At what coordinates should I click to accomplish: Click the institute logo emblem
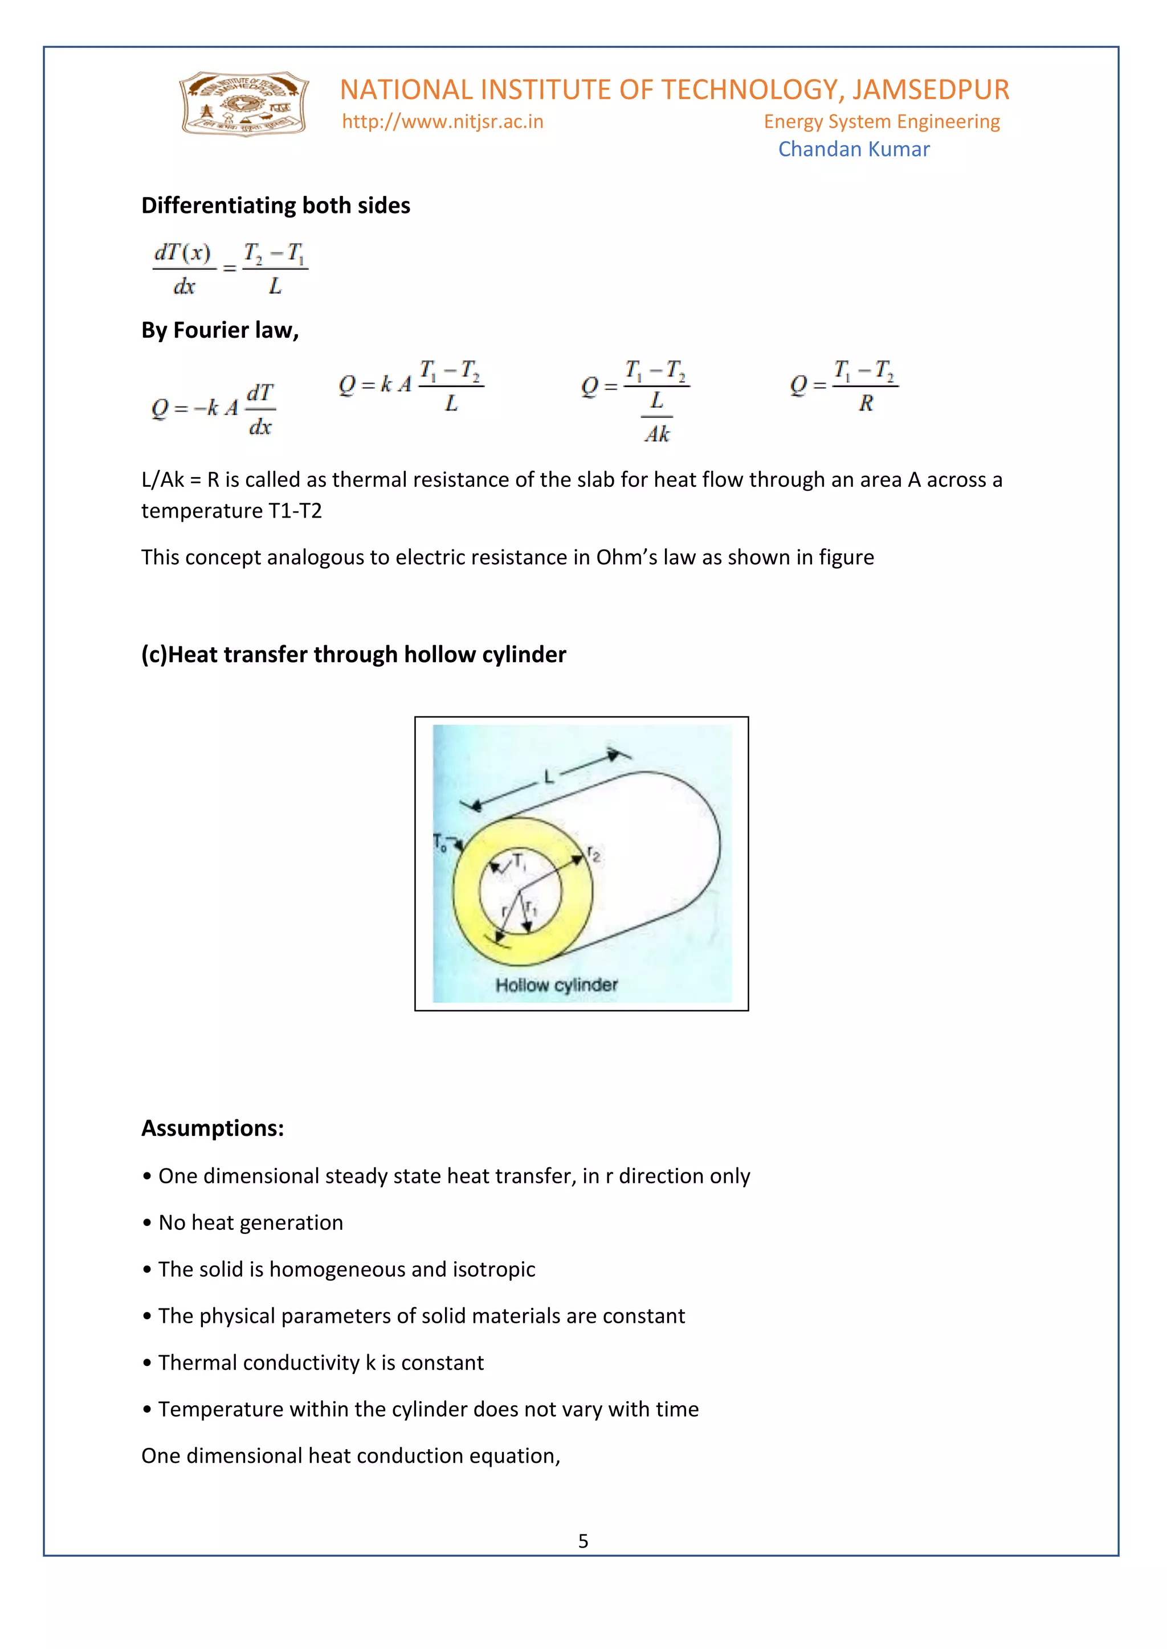(244, 104)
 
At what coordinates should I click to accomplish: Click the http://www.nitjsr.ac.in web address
(443, 121)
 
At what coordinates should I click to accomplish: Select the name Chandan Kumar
(854, 149)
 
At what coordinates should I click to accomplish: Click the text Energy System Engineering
(881, 121)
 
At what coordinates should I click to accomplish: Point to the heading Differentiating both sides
(275, 206)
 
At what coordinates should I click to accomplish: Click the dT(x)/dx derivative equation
(230, 269)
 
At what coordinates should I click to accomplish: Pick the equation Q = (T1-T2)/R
(844, 385)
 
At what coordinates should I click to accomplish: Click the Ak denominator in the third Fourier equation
(657, 434)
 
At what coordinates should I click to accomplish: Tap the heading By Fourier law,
(220, 330)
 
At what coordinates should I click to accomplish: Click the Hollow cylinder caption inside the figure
(556, 985)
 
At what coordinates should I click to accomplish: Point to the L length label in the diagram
(549, 776)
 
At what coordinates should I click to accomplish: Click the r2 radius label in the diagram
(594, 854)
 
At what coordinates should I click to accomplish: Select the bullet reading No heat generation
(250, 1223)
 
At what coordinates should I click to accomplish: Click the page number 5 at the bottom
(583, 1541)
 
